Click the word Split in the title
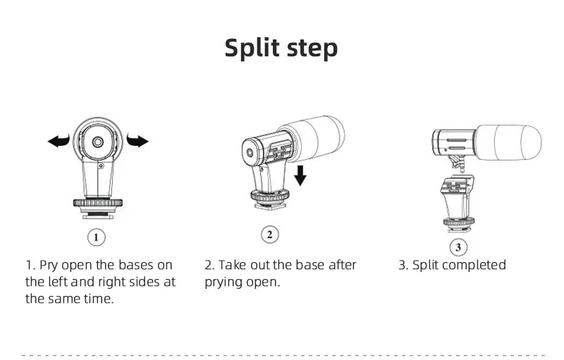253,48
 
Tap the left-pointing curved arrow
59,141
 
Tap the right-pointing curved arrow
137,141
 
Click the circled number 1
97,237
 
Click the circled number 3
459,247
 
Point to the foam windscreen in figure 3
508,143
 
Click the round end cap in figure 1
97,142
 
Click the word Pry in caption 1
49,266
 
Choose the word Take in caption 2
231,266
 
